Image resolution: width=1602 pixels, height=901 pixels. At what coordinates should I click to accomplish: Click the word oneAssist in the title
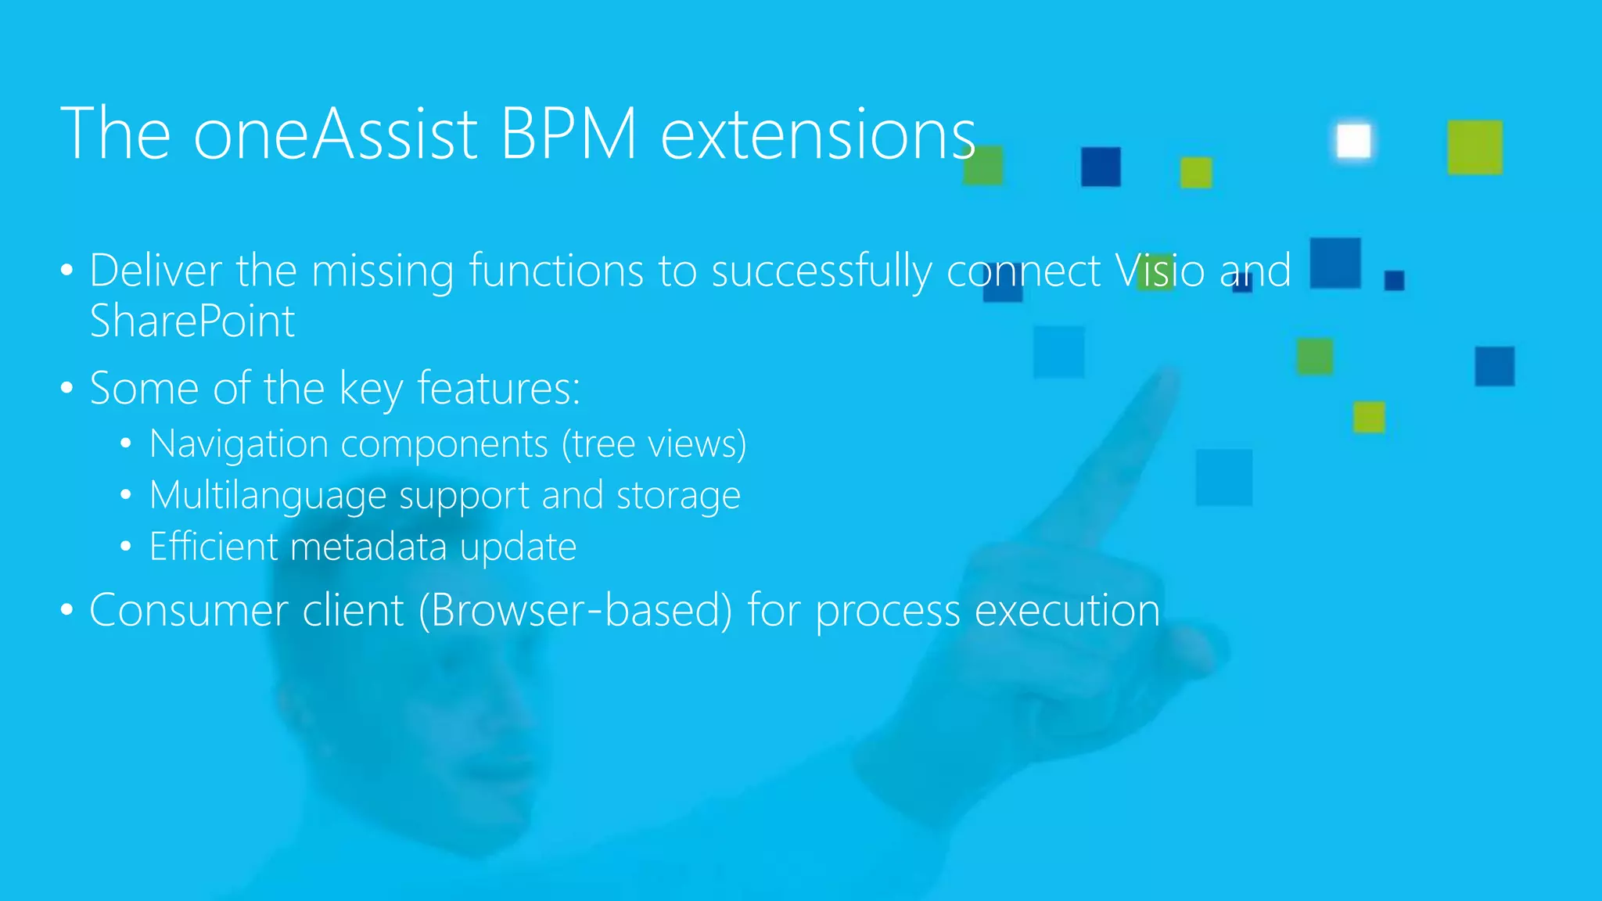coord(335,135)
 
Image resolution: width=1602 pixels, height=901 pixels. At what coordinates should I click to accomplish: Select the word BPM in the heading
coord(569,135)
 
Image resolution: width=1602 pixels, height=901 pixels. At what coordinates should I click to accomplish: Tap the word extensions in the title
coord(818,135)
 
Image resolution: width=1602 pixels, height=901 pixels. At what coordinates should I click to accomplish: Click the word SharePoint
coord(192,321)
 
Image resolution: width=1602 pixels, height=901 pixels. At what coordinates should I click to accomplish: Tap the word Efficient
coord(214,547)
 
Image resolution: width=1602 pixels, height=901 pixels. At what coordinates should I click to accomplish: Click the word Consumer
coord(189,611)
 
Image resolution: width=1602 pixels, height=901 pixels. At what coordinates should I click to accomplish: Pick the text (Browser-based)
coord(575,611)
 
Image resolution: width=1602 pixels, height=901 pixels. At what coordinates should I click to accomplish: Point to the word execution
coord(1067,611)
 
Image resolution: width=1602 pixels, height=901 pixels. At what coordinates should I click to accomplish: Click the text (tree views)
coord(654,444)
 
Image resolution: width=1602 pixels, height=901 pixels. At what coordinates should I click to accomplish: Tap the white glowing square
coord(1353,142)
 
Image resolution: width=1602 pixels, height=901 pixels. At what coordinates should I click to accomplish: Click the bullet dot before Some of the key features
coord(66,388)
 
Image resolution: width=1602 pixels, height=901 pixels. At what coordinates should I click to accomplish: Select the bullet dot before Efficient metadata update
coord(126,547)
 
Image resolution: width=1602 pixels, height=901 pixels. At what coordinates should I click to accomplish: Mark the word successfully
coord(821,271)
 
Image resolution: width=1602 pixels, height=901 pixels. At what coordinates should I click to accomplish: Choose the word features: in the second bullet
coord(498,388)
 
